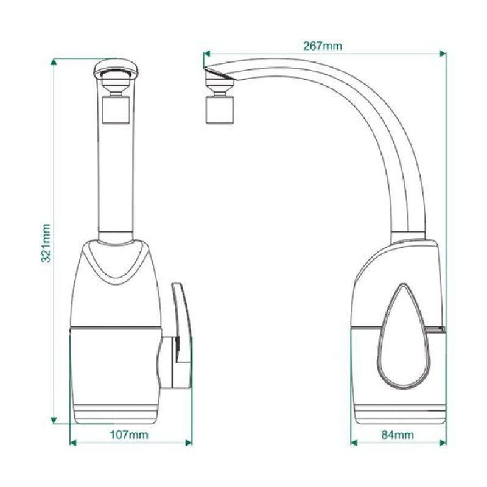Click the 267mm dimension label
pyautogui.click(x=323, y=46)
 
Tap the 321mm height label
pyautogui.click(x=46, y=243)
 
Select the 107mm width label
pyautogui.click(x=129, y=435)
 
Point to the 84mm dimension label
pyautogui.click(x=398, y=435)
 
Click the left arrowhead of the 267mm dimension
pyautogui.click(x=207, y=54)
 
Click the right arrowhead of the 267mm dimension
pyautogui.click(x=443, y=54)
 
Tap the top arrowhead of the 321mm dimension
pyautogui.click(x=54, y=63)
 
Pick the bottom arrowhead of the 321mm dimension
pyautogui.click(x=54, y=420)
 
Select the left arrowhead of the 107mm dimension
pyautogui.click(x=72, y=443)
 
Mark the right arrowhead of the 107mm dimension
pyautogui.click(x=189, y=443)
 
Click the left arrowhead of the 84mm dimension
pyautogui.click(x=354, y=443)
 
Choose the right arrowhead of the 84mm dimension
pyautogui.click(x=443, y=443)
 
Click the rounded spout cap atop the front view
pyautogui.click(x=116, y=67)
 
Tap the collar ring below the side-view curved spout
pyautogui.click(x=408, y=236)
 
